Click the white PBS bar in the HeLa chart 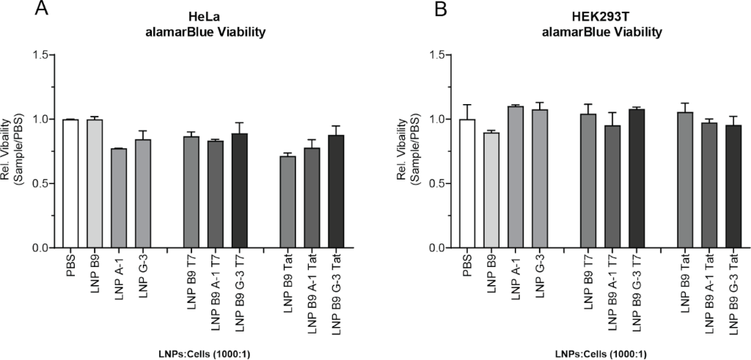tap(70, 183)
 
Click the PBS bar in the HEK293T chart tap(467, 183)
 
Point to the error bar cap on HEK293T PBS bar tap(467, 105)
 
